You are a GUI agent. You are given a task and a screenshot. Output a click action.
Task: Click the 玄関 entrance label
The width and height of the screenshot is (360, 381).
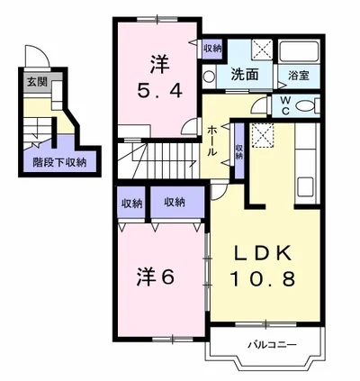(37, 81)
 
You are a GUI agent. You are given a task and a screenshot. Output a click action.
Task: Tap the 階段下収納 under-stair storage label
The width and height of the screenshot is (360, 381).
(59, 162)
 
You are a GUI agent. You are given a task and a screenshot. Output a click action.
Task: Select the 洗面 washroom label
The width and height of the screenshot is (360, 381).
(245, 75)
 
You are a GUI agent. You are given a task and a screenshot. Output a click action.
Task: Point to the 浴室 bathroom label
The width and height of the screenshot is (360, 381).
(299, 76)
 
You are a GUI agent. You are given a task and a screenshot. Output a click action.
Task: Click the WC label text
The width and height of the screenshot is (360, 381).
(285, 105)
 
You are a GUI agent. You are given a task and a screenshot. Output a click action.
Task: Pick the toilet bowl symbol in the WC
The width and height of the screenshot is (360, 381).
(305, 105)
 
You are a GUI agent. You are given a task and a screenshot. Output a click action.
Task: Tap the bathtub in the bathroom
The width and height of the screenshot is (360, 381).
(299, 51)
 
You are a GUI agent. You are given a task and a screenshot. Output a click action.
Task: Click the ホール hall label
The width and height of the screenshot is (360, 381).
(212, 141)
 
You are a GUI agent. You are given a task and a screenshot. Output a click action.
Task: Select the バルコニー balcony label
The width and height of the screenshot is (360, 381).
(272, 345)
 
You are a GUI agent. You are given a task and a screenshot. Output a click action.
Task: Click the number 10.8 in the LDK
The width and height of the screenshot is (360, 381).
(263, 278)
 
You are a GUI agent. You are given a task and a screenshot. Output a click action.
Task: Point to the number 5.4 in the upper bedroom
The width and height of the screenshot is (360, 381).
(159, 90)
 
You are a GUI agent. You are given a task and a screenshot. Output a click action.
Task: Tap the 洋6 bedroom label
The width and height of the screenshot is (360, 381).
(156, 277)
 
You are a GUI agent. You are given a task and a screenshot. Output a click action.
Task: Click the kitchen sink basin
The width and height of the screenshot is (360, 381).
(305, 186)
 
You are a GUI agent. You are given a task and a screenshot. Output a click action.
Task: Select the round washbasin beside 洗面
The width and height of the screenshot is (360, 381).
(208, 77)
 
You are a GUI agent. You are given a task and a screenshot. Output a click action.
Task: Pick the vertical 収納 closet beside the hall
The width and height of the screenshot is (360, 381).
(239, 151)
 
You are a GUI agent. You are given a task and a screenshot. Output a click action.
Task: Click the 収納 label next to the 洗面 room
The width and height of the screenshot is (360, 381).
(212, 48)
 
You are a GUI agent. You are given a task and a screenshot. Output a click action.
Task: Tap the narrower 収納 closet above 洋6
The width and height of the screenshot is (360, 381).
(131, 203)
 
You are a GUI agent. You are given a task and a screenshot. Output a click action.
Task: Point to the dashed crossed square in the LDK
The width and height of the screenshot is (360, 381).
(263, 135)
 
